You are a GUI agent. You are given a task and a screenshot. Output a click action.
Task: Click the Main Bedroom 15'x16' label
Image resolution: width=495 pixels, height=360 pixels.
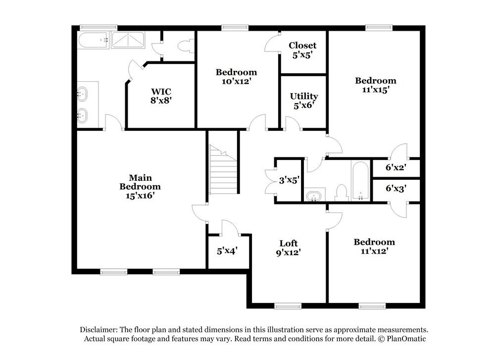(140, 187)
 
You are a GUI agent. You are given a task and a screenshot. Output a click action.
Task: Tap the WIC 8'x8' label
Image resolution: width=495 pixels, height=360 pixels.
(161, 96)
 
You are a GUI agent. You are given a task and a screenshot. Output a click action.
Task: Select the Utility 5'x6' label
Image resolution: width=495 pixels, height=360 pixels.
(304, 101)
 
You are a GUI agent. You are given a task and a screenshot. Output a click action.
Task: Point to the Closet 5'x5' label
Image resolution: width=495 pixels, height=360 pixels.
(302, 51)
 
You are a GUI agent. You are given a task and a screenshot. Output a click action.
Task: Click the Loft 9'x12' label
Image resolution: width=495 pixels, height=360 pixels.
(289, 248)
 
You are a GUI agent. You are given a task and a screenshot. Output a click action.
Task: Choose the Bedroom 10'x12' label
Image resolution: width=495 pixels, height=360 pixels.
(236, 77)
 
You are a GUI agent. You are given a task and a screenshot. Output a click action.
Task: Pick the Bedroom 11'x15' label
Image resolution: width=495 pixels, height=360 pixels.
(376, 85)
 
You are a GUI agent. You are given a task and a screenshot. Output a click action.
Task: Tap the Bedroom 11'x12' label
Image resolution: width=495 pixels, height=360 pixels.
(374, 246)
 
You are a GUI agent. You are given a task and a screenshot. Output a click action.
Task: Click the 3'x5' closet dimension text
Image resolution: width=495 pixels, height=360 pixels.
(289, 181)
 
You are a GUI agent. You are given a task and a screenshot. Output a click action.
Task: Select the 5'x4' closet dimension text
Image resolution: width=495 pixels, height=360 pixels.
(228, 251)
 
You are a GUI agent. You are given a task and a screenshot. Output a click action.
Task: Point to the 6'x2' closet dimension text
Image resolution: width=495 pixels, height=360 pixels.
(396, 167)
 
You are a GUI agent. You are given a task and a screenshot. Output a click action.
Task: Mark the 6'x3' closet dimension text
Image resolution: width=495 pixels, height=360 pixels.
(396, 189)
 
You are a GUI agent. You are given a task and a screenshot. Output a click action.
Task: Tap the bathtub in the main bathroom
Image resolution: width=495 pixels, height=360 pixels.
(94, 40)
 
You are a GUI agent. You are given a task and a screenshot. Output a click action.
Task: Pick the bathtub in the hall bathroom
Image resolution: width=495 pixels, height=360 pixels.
(360, 181)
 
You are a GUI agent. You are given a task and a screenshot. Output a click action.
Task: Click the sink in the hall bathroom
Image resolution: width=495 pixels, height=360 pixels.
(313, 197)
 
